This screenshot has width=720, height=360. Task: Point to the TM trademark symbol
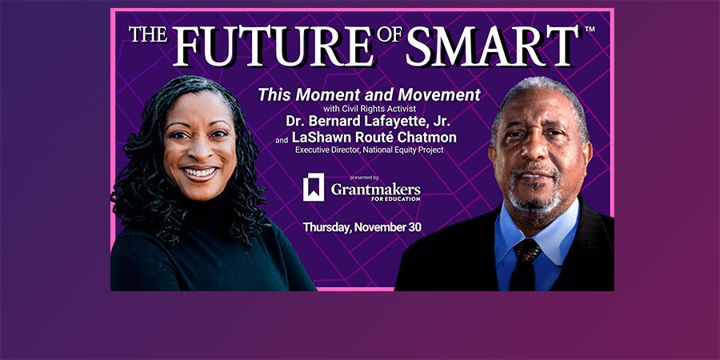(x=590, y=29)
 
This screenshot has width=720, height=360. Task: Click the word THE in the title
(x=148, y=35)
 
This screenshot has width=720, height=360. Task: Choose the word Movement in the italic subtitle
(x=439, y=94)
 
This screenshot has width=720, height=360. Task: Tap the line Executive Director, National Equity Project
(x=369, y=150)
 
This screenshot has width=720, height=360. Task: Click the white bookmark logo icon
(x=314, y=187)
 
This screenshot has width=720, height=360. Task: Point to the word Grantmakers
(x=376, y=188)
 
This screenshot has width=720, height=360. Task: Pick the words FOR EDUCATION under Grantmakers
(x=396, y=199)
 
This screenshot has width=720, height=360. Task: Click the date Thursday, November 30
(x=362, y=227)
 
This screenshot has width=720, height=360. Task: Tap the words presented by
(x=364, y=178)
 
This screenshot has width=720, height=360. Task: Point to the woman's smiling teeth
(x=200, y=173)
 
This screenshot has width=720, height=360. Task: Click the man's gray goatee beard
(x=535, y=198)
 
